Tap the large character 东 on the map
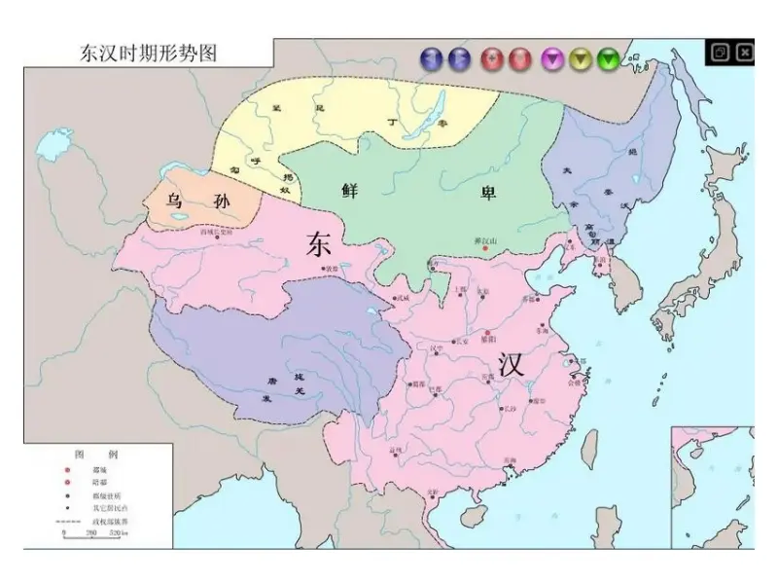[x=319, y=244]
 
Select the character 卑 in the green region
[x=487, y=192]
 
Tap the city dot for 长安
[x=453, y=342]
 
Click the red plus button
[x=492, y=59]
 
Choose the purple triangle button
[x=552, y=59]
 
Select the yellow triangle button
[x=581, y=59]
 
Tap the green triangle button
[x=609, y=59]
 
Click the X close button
[x=745, y=53]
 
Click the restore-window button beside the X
[x=721, y=53]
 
